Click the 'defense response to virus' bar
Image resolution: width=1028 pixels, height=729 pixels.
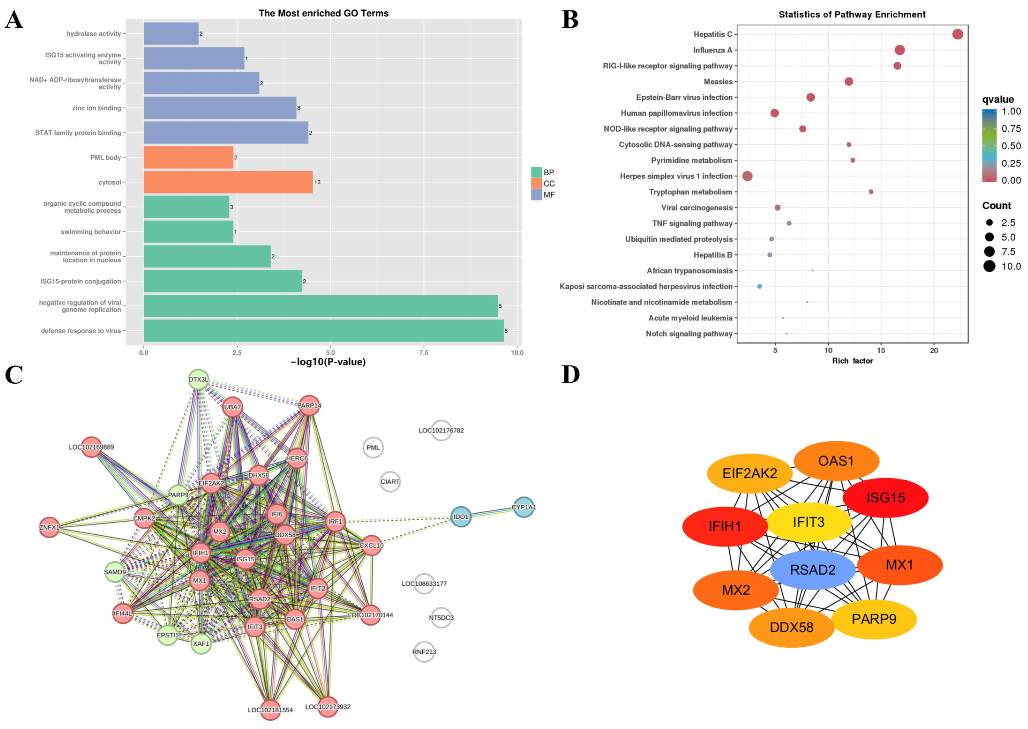click(x=323, y=331)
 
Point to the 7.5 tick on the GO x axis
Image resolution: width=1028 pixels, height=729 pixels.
click(x=424, y=352)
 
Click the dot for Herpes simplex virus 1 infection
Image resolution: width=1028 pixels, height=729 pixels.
click(x=747, y=176)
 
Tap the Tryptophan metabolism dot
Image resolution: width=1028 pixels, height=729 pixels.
click(x=871, y=192)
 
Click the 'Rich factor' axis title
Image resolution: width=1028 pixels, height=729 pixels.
click(x=852, y=361)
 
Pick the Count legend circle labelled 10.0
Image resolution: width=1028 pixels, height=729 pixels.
click(x=989, y=266)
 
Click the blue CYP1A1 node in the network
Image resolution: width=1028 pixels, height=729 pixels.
click(x=523, y=507)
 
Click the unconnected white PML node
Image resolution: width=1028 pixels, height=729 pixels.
click(x=373, y=448)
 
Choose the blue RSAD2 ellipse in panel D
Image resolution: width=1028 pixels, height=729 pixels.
click(x=812, y=570)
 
